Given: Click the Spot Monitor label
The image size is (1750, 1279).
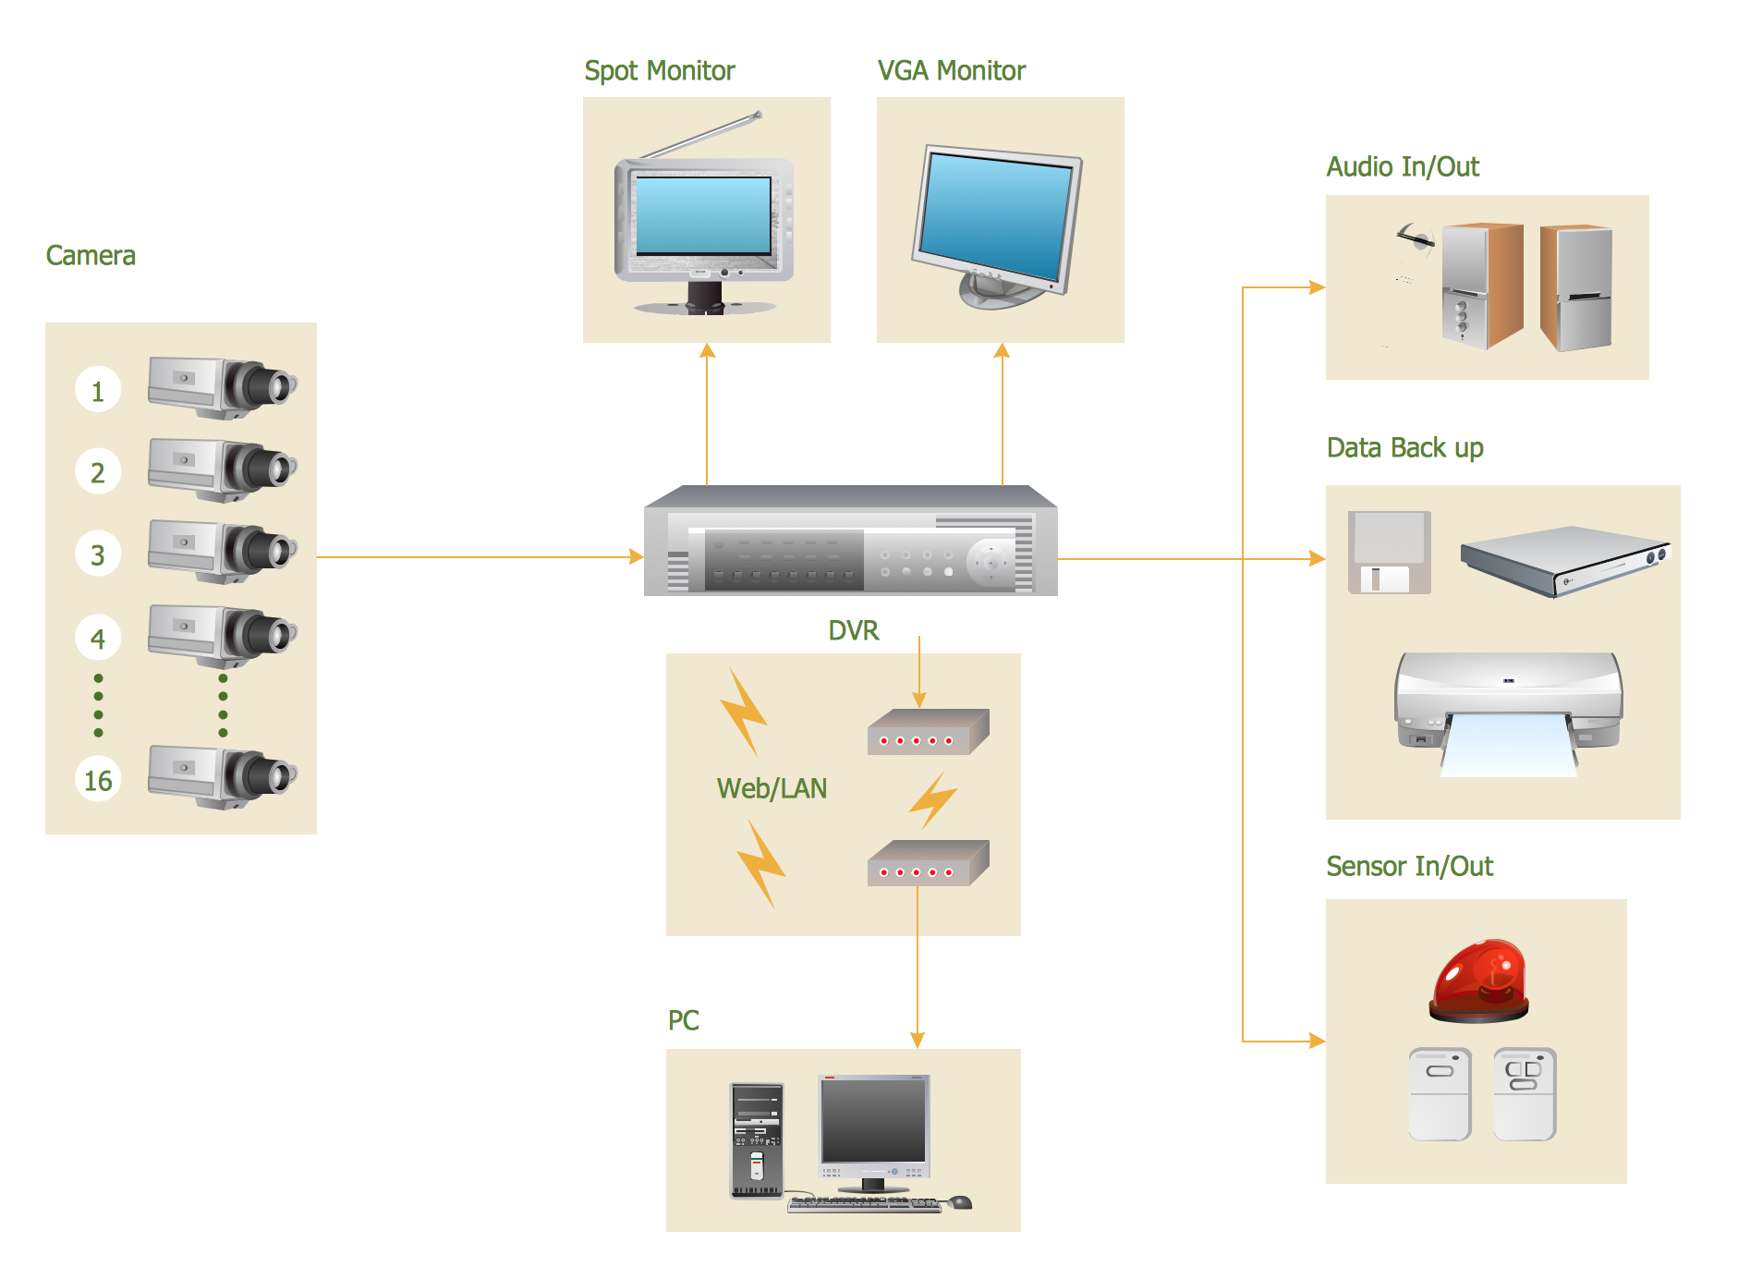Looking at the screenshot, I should pyautogui.click(x=660, y=71).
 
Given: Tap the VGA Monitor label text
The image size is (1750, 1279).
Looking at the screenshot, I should pyautogui.click(x=951, y=71).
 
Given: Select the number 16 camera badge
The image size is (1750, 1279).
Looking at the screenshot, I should pyautogui.click(x=98, y=780).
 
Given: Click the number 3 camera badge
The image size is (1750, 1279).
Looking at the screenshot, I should pyautogui.click(x=98, y=554).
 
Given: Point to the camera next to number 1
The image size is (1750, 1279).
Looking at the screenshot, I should pyautogui.click(x=222, y=385).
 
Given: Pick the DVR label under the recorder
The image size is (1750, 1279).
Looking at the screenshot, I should pyautogui.click(x=853, y=631).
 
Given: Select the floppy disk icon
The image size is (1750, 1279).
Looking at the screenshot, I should pyautogui.click(x=1389, y=553).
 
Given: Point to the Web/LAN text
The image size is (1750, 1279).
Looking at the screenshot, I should pyautogui.click(x=772, y=788).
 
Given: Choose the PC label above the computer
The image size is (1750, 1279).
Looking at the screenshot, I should pyautogui.click(x=683, y=1020).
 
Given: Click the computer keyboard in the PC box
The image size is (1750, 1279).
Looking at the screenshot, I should pyautogui.click(x=864, y=1203).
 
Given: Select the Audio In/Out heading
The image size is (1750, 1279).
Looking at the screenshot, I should pyautogui.click(x=1403, y=167).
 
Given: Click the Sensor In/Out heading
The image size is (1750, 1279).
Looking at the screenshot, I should pyautogui.click(x=1409, y=867).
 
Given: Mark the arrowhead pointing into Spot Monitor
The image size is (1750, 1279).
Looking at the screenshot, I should pyautogui.click(x=708, y=351).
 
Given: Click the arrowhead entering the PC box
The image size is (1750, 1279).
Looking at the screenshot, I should pyautogui.click(x=918, y=1040).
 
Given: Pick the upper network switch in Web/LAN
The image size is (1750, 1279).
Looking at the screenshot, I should pyautogui.click(x=928, y=732).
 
